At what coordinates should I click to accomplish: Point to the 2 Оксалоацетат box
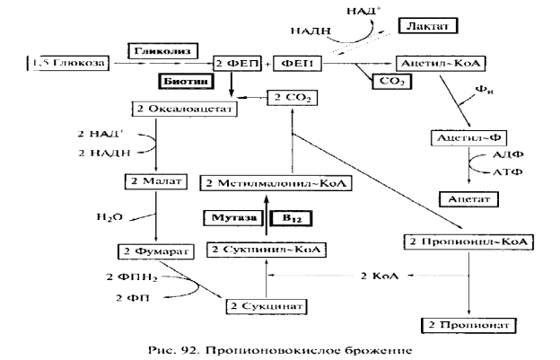(x=183, y=109)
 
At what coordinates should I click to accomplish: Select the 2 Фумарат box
(x=155, y=250)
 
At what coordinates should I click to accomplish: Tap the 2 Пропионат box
(x=471, y=322)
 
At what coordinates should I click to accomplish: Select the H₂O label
(x=110, y=216)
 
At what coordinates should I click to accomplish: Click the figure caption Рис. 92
(x=279, y=347)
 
